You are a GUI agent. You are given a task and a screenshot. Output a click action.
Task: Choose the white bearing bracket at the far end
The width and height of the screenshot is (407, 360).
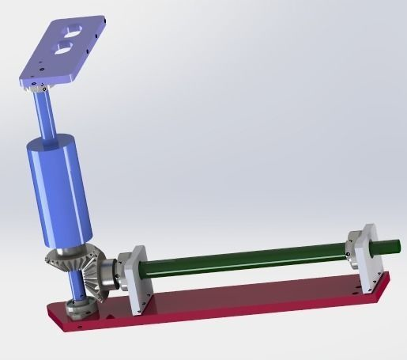coord(363,248)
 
